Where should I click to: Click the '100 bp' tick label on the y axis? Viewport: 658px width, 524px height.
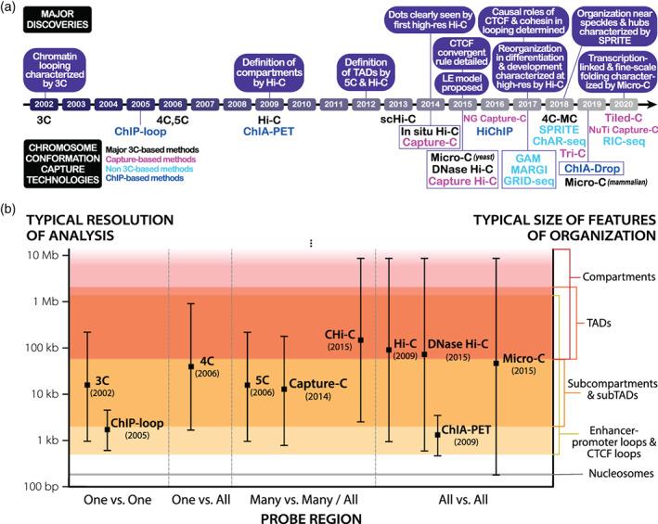[42, 485]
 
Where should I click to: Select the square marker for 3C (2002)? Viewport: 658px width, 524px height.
[86, 384]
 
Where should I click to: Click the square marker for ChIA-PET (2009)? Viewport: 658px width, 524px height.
[437, 434]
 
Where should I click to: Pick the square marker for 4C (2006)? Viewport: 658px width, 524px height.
[190, 366]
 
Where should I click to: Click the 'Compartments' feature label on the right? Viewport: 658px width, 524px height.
[620, 275]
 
